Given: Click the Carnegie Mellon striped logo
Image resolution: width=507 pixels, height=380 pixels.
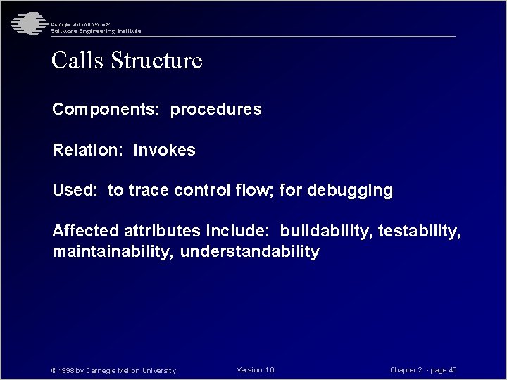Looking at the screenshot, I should click(27, 23).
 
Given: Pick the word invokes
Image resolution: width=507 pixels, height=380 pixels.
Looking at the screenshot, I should click(164, 150).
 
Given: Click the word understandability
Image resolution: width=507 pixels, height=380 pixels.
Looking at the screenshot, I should click(250, 251).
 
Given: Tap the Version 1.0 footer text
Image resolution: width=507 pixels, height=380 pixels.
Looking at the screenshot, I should click(256, 370).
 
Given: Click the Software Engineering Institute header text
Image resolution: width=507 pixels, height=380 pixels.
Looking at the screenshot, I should click(96, 31).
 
